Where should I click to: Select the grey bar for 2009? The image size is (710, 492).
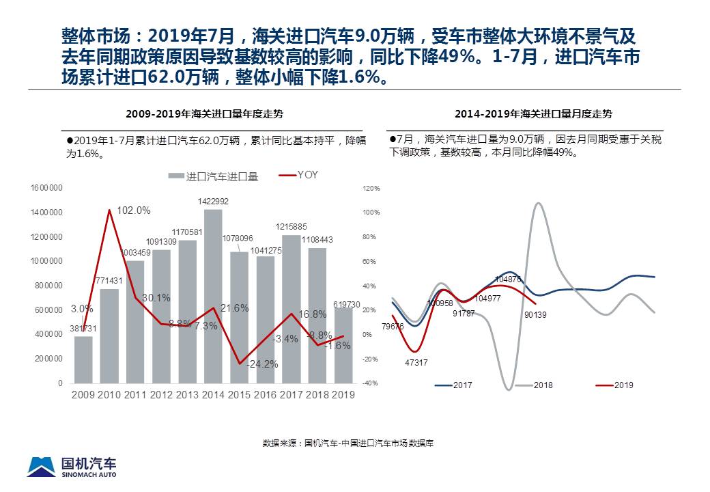tap(83, 359)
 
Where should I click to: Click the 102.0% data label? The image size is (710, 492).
tap(134, 210)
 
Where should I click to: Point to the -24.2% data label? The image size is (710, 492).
tap(262, 364)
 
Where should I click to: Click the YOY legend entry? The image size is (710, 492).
tap(300, 175)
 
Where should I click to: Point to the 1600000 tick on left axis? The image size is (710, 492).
tap(46, 188)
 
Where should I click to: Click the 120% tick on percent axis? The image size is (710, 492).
tap(371, 188)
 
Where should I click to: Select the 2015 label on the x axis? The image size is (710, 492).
tap(240, 394)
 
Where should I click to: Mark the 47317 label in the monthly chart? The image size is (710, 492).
tap(416, 363)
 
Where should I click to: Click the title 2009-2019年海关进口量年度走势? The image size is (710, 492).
tap(214, 114)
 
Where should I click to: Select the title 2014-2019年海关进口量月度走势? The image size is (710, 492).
tap(533, 114)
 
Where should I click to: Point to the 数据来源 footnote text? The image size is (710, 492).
tap(348, 443)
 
